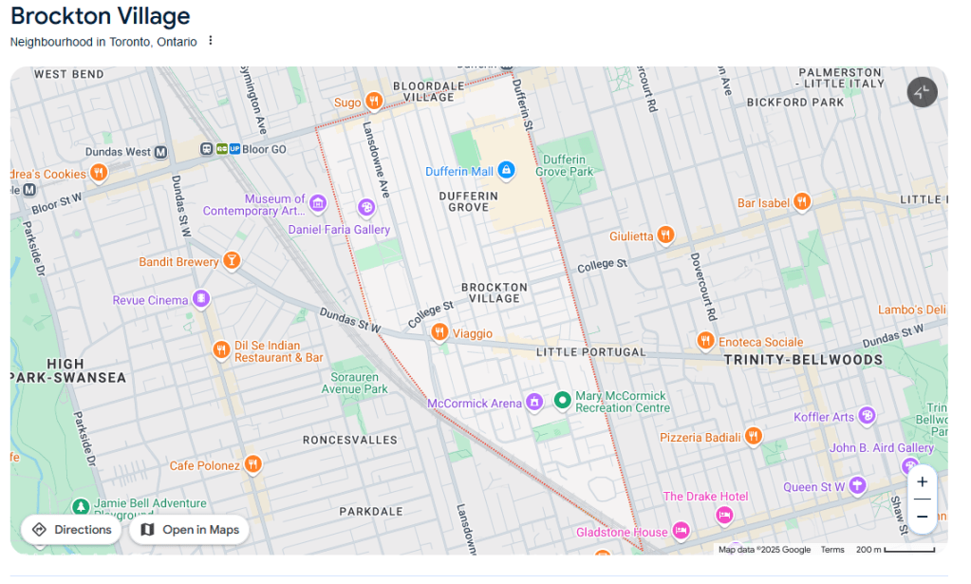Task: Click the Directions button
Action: (x=71, y=530)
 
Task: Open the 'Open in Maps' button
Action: (x=189, y=530)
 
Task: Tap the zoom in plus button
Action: (x=922, y=481)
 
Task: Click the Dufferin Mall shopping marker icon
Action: (x=507, y=170)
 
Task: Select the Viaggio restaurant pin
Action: (x=439, y=331)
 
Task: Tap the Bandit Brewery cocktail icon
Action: (x=232, y=260)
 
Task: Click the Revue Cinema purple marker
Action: (x=201, y=299)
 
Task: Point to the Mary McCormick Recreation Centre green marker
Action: (x=562, y=401)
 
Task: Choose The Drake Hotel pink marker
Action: (x=724, y=515)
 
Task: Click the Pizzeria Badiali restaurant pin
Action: (x=754, y=436)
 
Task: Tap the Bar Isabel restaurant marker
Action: (x=802, y=201)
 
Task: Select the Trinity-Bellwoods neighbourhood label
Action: (x=803, y=360)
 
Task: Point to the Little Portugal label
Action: (x=590, y=352)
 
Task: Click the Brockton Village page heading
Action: (x=101, y=16)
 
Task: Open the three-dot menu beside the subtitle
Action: (x=211, y=41)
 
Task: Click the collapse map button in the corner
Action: (x=922, y=92)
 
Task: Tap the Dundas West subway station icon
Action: (x=160, y=152)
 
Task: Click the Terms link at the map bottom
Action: (x=832, y=550)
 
